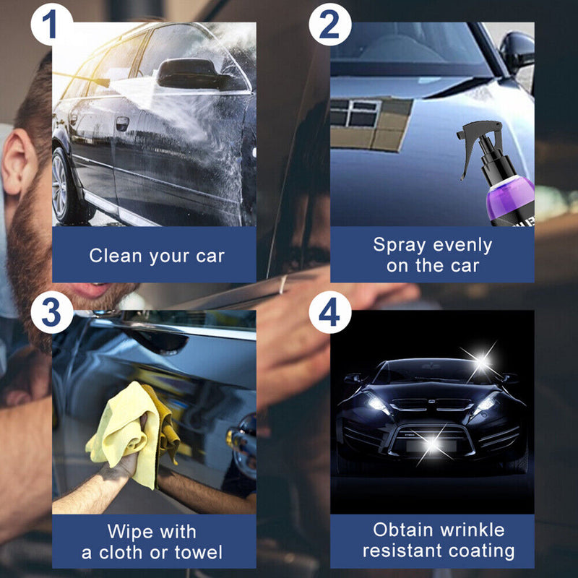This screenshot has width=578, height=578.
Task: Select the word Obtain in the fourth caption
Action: click(400, 530)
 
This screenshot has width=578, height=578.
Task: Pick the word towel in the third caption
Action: click(197, 553)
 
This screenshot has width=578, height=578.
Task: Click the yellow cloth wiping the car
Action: click(130, 426)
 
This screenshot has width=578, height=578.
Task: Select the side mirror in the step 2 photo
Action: click(517, 51)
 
